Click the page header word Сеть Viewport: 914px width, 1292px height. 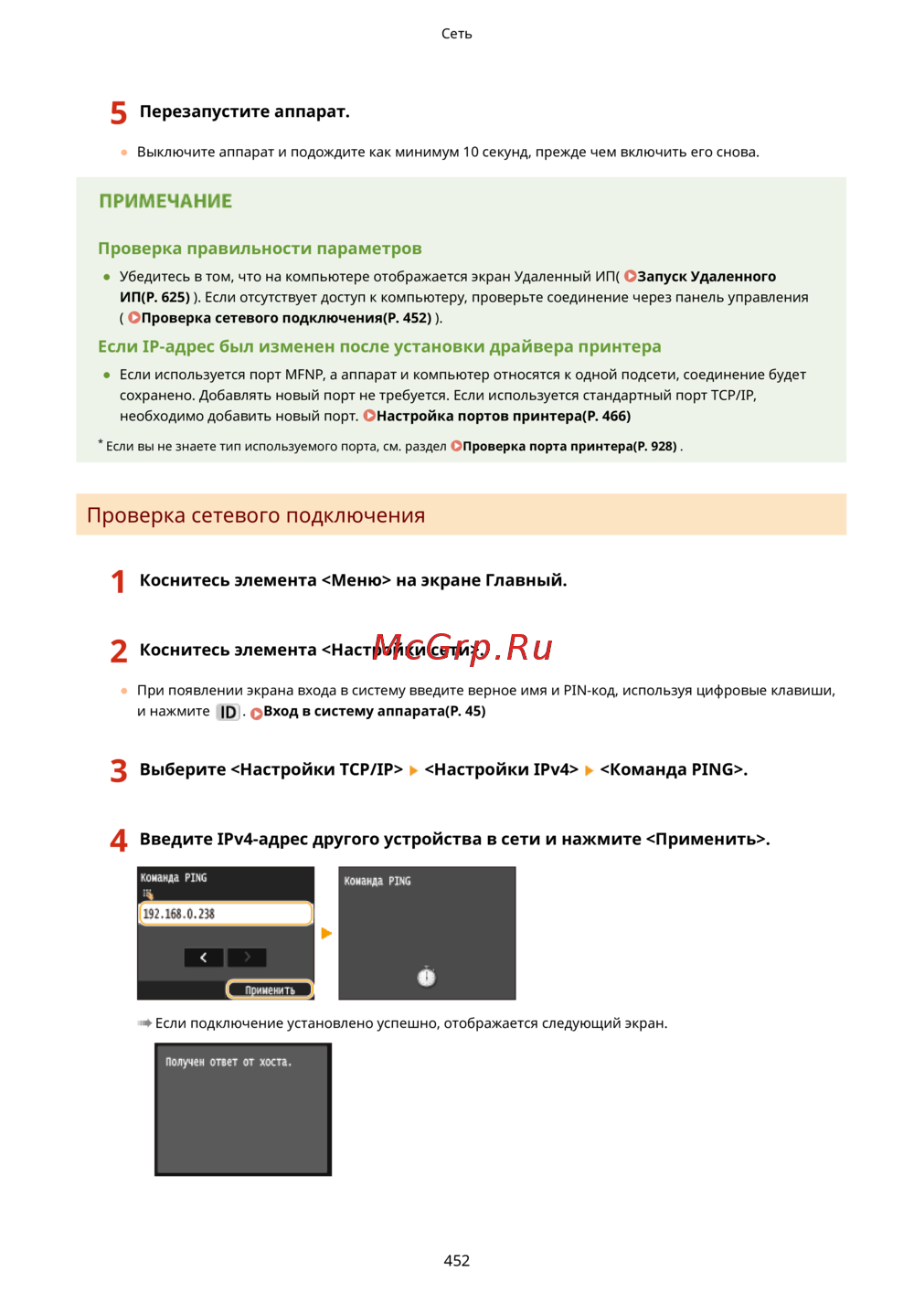coord(456,34)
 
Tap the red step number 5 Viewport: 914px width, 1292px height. coord(118,113)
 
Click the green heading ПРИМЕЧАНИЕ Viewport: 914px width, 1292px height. coord(165,201)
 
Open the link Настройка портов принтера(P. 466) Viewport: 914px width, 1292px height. coord(503,416)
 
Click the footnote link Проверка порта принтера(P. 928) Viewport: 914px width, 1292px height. coord(569,446)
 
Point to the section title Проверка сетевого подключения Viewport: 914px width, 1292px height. coord(256,515)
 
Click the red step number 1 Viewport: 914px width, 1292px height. coord(118,581)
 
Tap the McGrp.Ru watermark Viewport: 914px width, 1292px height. coord(463,647)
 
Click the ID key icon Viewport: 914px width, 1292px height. coord(228,712)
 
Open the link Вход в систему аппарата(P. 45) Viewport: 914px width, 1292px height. coord(374,711)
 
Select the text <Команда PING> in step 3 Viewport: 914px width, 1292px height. coord(673,769)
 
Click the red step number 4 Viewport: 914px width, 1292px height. coord(119,841)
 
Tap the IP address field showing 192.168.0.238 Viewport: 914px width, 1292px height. coord(225,914)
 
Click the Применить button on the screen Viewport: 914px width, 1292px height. coord(270,990)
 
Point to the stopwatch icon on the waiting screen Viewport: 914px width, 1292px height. coord(426,977)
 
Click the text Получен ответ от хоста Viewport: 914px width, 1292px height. coord(228,1062)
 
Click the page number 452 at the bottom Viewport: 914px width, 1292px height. coord(456,1260)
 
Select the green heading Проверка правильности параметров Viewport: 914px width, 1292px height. coord(260,249)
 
